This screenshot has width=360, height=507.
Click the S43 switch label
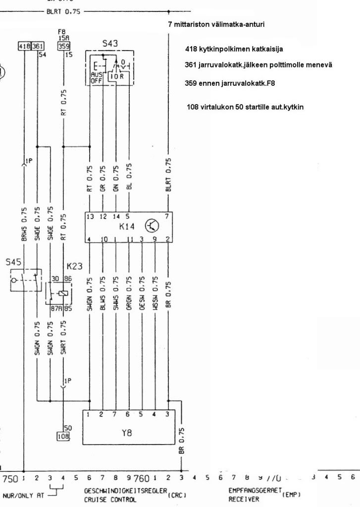coord(110,44)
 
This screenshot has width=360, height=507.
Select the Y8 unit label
coord(127,432)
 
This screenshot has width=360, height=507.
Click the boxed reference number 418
coord(24,46)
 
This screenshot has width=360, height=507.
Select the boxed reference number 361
coord(38,46)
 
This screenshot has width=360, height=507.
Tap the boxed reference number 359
coord(63,46)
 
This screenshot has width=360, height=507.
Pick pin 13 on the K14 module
coord(90,216)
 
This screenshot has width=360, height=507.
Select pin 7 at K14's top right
coord(166,216)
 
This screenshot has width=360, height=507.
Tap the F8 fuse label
coord(62,31)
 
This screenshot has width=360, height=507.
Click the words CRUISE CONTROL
coord(110,500)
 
